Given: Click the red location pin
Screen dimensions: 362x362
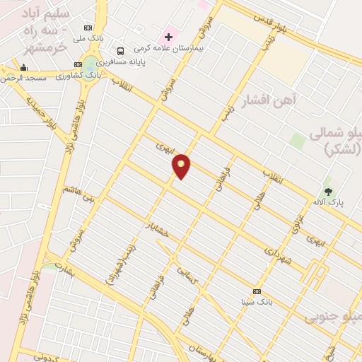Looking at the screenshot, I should pos(182,165).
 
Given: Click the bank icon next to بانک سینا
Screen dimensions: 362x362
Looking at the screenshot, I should pos(257,291).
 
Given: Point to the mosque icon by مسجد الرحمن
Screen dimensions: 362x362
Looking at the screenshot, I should pos(24,68).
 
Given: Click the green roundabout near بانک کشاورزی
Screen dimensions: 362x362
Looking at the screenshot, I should pos(90,62).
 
